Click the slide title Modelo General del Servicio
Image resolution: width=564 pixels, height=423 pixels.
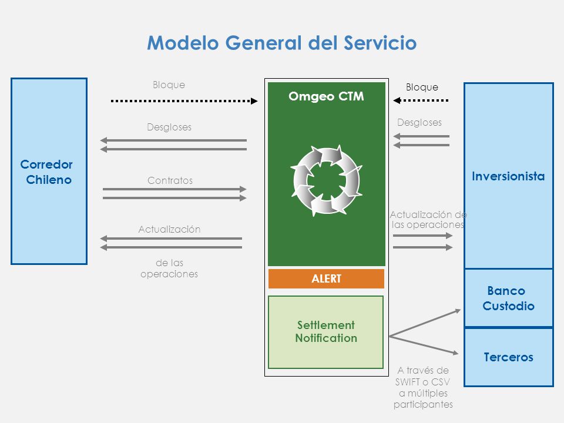click(x=282, y=43)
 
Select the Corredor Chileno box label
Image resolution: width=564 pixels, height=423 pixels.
click(x=47, y=172)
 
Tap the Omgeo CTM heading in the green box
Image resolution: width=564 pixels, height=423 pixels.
click(x=326, y=96)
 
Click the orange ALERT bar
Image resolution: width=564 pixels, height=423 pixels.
click(x=326, y=278)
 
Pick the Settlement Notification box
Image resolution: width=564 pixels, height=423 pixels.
click(x=326, y=332)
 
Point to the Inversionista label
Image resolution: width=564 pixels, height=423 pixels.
click(x=508, y=176)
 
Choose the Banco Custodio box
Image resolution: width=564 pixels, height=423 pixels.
click(x=509, y=298)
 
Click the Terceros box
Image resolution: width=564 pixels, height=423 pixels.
click(x=509, y=357)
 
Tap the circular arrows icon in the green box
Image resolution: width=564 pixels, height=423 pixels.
click(x=326, y=180)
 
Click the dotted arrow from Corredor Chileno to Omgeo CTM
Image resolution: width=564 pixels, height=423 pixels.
click(x=184, y=101)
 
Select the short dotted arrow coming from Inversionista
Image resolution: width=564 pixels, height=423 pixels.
click(x=421, y=100)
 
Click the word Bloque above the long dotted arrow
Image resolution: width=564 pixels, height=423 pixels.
click(x=169, y=85)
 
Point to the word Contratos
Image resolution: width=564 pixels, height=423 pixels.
click(x=170, y=180)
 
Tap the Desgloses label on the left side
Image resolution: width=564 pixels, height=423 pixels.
click(x=169, y=127)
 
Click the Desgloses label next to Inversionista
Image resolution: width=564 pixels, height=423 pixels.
click(x=419, y=122)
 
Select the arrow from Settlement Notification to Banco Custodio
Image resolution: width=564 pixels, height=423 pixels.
click(x=425, y=323)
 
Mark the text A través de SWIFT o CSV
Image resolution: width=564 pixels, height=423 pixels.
click(x=423, y=376)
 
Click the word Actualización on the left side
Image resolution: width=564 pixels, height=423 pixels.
click(x=169, y=230)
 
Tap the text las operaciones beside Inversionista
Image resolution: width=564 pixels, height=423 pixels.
click(x=428, y=225)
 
